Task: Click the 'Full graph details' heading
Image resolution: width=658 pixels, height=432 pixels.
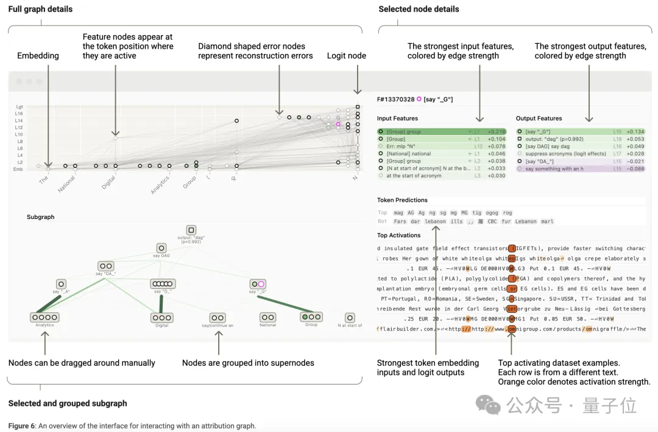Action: coord(40,9)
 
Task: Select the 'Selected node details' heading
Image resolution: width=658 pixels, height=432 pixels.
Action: coord(419,9)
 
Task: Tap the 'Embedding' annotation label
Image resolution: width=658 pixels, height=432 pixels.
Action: coord(38,55)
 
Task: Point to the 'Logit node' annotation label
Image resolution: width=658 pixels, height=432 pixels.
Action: coord(346,55)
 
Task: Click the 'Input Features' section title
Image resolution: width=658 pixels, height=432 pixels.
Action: coord(397,118)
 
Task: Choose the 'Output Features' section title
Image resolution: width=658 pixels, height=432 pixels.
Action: coord(539,118)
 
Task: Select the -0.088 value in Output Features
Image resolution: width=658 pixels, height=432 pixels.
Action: coord(635,169)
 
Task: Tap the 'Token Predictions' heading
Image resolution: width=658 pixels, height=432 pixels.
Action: coord(402,200)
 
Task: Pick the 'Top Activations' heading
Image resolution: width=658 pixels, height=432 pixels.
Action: coord(398,235)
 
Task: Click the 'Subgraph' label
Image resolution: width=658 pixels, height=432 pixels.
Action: coord(40,217)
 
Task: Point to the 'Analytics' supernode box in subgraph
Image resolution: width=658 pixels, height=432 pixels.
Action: coord(44,317)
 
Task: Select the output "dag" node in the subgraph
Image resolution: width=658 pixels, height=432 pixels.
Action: coord(191,230)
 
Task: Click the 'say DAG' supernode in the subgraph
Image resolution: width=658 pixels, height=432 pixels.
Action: coord(161,248)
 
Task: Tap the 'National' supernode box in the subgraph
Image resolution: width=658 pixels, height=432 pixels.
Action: coord(267,317)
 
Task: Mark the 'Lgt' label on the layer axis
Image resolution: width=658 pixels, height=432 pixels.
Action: coord(19,107)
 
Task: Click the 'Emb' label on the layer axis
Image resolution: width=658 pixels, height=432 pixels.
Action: coord(19,170)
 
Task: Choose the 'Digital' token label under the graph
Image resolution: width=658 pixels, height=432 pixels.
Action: coord(109,183)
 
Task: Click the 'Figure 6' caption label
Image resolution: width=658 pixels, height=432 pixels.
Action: coord(22,426)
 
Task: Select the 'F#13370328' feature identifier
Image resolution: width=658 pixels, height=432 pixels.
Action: coord(396,99)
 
